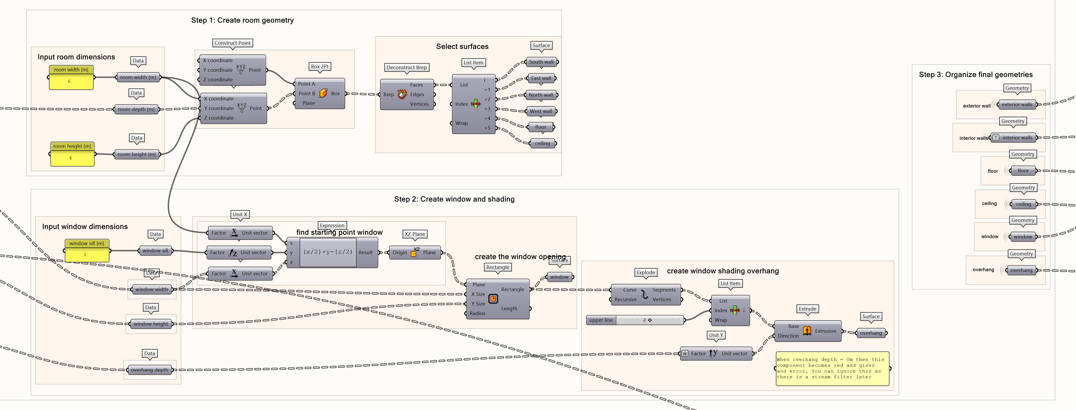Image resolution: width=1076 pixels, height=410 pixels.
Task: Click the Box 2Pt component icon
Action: pyautogui.click(x=323, y=93)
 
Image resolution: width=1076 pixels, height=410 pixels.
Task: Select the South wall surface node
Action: pyautogui.click(x=541, y=62)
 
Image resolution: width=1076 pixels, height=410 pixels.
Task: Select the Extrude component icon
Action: pyautogui.click(x=807, y=331)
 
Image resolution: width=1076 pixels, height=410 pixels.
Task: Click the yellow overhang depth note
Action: pyautogui.click(x=832, y=368)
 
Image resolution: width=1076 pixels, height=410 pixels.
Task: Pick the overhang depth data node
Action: pyautogui.click(x=150, y=370)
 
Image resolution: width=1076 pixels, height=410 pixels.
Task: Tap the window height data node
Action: pyautogui.click(x=151, y=324)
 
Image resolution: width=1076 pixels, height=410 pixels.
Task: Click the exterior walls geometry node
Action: pyautogui.click(x=1017, y=105)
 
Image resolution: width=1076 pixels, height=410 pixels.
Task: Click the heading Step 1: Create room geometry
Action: pyautogui.click(x=242, y=20)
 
